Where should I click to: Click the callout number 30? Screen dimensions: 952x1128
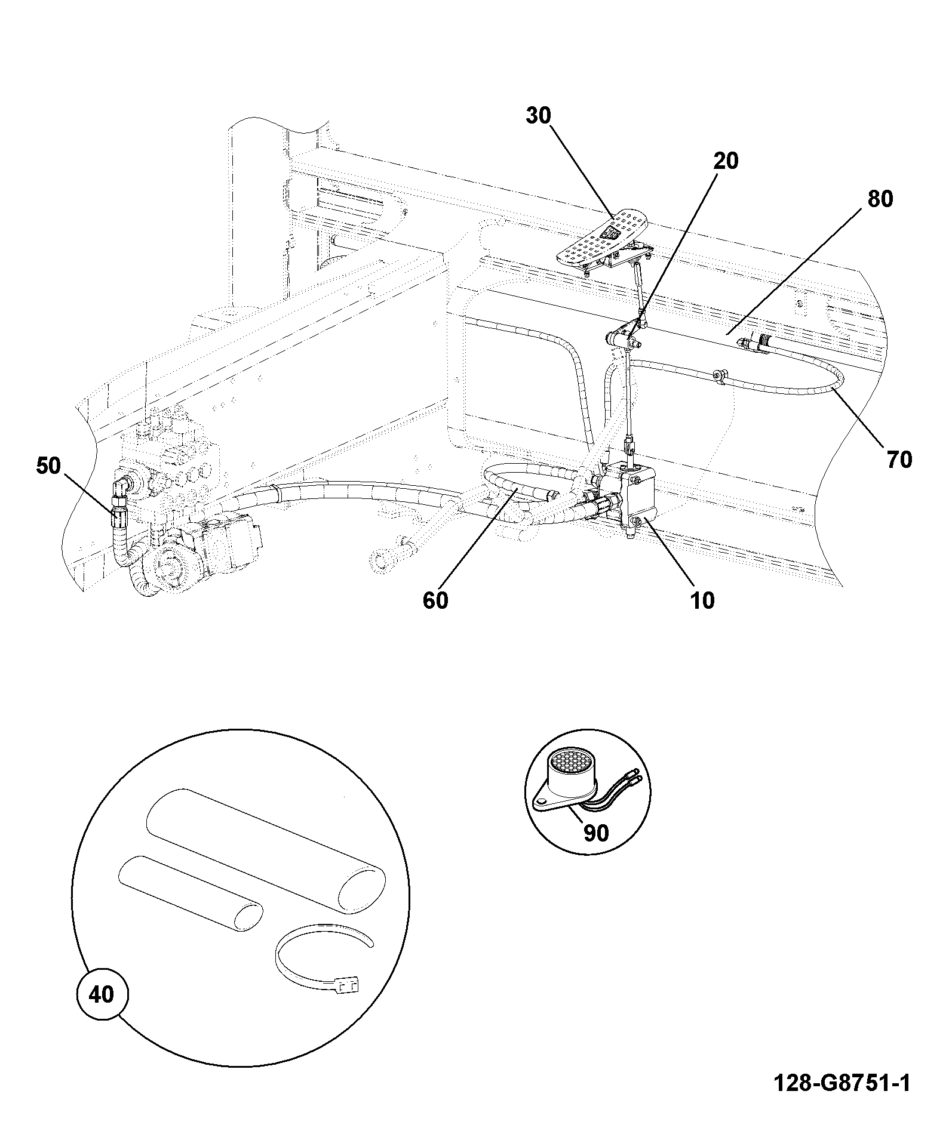tap(538, 116)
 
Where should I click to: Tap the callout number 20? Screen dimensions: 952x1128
tap(726, 161)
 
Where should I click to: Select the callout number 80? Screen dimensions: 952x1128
tap(880, 199)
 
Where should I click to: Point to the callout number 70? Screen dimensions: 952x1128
tap(899, 460)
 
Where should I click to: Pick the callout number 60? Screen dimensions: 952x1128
tap(435, 600)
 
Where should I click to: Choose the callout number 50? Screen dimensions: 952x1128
tap(48, 466)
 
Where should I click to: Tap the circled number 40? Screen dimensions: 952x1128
tap(102, 995)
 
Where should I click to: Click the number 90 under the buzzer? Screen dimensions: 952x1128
tap(595, 833)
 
